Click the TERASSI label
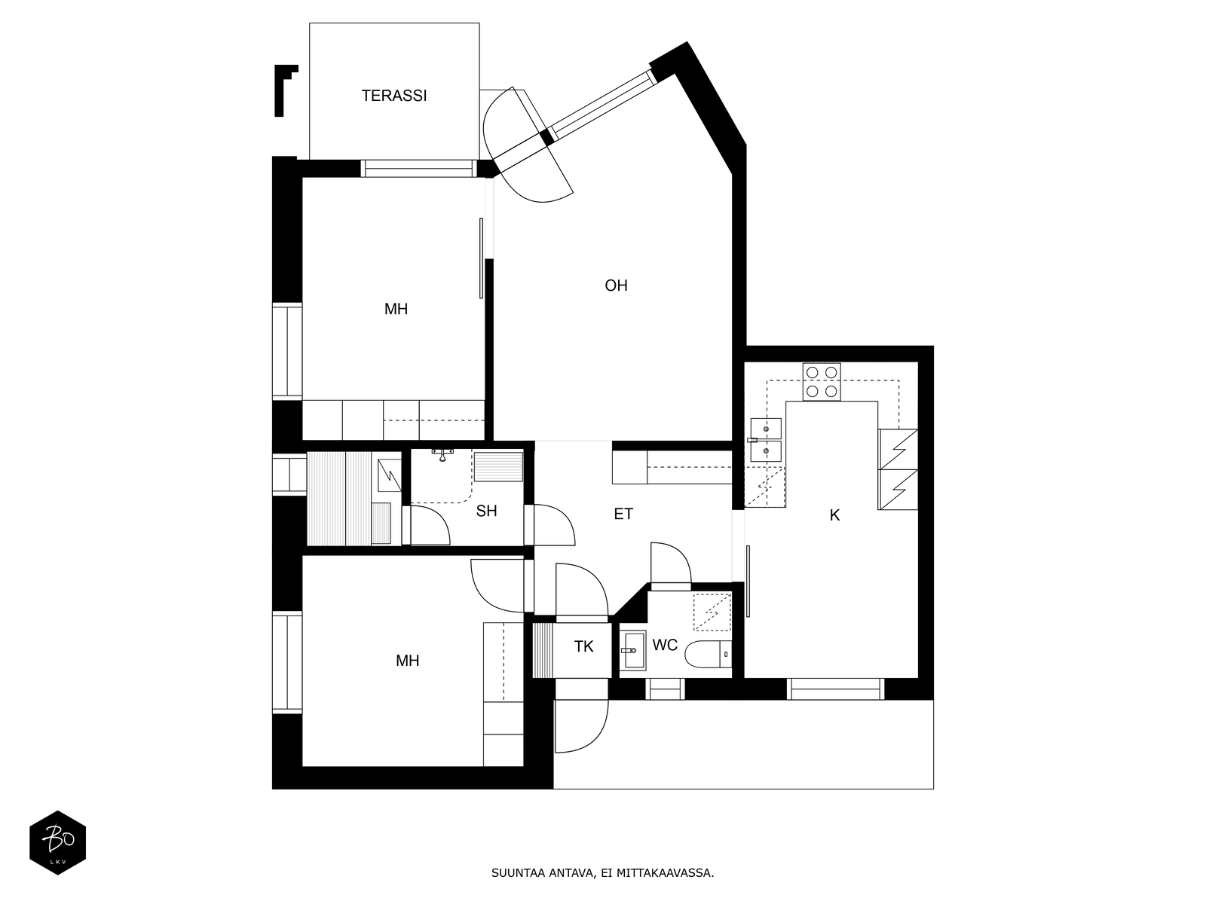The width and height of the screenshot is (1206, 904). point(394,96)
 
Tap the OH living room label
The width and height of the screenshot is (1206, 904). point(616,286)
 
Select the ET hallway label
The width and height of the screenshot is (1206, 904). point(623,514)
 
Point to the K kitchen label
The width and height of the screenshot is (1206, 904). point(834,515)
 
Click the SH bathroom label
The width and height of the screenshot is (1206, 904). point(486,511)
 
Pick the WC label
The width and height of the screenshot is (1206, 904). point(665,645)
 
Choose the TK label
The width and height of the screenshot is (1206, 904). point(583,646)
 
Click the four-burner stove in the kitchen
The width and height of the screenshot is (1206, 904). point(822,382)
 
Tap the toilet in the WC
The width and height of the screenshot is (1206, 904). point(709,654)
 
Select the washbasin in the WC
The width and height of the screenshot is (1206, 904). point(632,650)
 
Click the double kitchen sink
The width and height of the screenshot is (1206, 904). point(766,440)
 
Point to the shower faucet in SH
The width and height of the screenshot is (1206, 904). point(442,454)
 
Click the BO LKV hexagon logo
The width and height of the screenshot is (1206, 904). point(58,842)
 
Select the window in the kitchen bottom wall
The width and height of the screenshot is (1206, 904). point(835,689)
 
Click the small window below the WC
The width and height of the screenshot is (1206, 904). point(665,689)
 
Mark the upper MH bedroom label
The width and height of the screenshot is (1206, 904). point(396,309)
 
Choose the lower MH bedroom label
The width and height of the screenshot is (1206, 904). point(407,661)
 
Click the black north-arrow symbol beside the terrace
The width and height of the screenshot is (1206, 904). point(285,90)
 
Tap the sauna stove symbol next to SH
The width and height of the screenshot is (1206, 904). point(390,475)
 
